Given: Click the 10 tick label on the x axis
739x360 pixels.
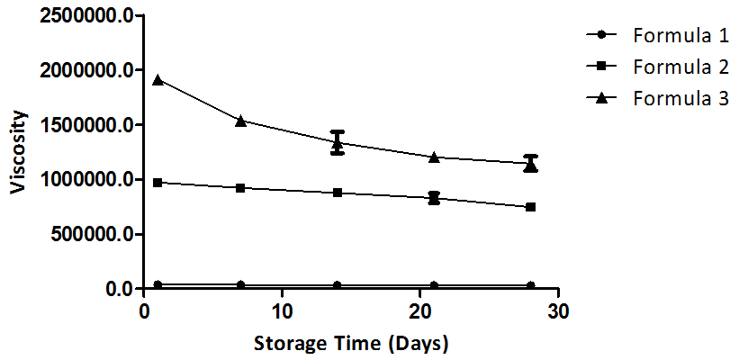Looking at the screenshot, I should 282,310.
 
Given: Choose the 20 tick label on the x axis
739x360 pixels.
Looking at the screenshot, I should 420,310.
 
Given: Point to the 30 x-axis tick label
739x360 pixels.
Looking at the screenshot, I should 559,310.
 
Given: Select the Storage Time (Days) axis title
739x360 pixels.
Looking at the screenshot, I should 351,343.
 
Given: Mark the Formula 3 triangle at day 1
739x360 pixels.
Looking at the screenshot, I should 158,80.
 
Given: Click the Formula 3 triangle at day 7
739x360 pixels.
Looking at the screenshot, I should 240,121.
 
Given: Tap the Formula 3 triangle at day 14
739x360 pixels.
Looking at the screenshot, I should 338,142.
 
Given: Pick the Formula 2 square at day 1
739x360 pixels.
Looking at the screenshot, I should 158,183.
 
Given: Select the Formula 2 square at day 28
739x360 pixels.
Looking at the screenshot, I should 531,207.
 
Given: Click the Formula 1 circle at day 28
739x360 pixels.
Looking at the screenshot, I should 531,286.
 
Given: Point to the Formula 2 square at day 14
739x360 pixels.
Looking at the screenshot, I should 338,193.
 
